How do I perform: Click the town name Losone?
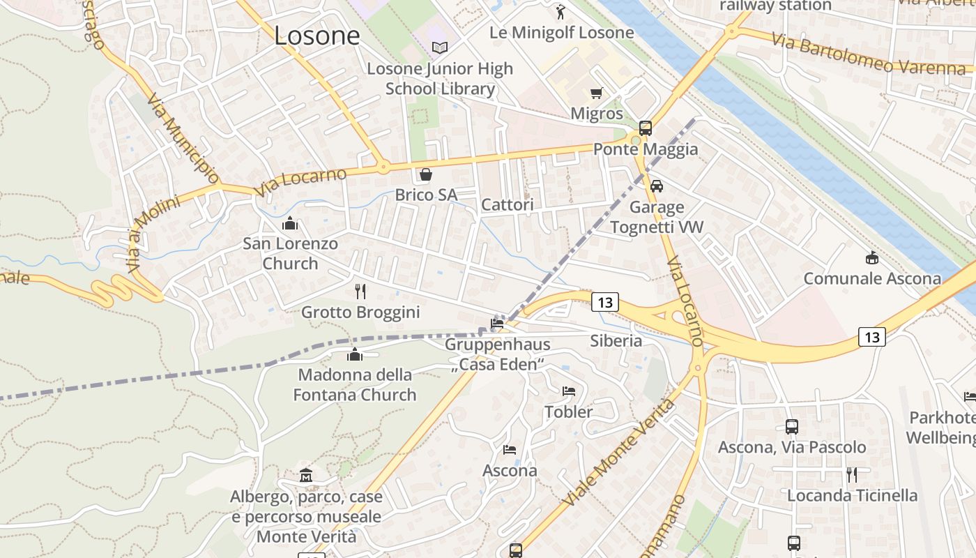[317, 36]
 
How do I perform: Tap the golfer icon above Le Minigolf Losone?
[561, 11]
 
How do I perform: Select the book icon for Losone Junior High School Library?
[440, 47]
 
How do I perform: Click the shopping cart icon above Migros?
[596, 93]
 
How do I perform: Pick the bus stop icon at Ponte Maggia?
[646, 128]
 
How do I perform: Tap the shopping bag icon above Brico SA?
[426, 174]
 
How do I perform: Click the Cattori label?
[508, 204]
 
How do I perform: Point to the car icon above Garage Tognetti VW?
[657, 186]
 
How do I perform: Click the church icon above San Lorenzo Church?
[290, 223]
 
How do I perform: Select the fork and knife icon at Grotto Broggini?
[360, 291]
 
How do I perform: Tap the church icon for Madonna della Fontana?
[355, 354]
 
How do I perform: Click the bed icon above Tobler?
[569, 391]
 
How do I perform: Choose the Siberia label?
[616, 340]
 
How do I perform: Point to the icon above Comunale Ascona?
[871, 258]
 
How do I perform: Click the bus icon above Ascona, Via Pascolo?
[792, 426]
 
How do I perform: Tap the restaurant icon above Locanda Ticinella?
[851, 475]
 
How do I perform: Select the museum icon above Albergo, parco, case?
[306, 476]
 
